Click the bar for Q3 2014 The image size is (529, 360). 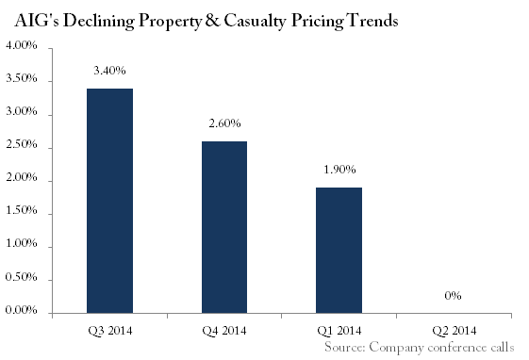point(109,201)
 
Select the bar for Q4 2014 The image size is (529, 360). point(224,227)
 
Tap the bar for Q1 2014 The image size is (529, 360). point(339,251)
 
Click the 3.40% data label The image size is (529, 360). point(109,71)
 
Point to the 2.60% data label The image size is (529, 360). point(224,123)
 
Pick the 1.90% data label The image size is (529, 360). point(339,170)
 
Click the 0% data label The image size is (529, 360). point(453,296)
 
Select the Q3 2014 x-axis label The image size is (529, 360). point(110,331)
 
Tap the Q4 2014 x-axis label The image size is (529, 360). point(224,331)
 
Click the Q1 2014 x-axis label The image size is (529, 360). point(339,331)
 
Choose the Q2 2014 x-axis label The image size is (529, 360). point(455,331)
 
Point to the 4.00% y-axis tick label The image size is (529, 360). point(21,45)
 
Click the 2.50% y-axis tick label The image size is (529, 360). point(21,144)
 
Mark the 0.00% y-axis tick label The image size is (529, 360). point(21,310)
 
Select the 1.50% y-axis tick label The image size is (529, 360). point(21,211)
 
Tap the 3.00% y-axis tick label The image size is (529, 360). point(21,111)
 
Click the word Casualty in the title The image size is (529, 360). point(255,22)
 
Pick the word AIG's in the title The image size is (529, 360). point(37,21)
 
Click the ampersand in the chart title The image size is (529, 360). point(211,21)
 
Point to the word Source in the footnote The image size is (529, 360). point(345,347)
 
